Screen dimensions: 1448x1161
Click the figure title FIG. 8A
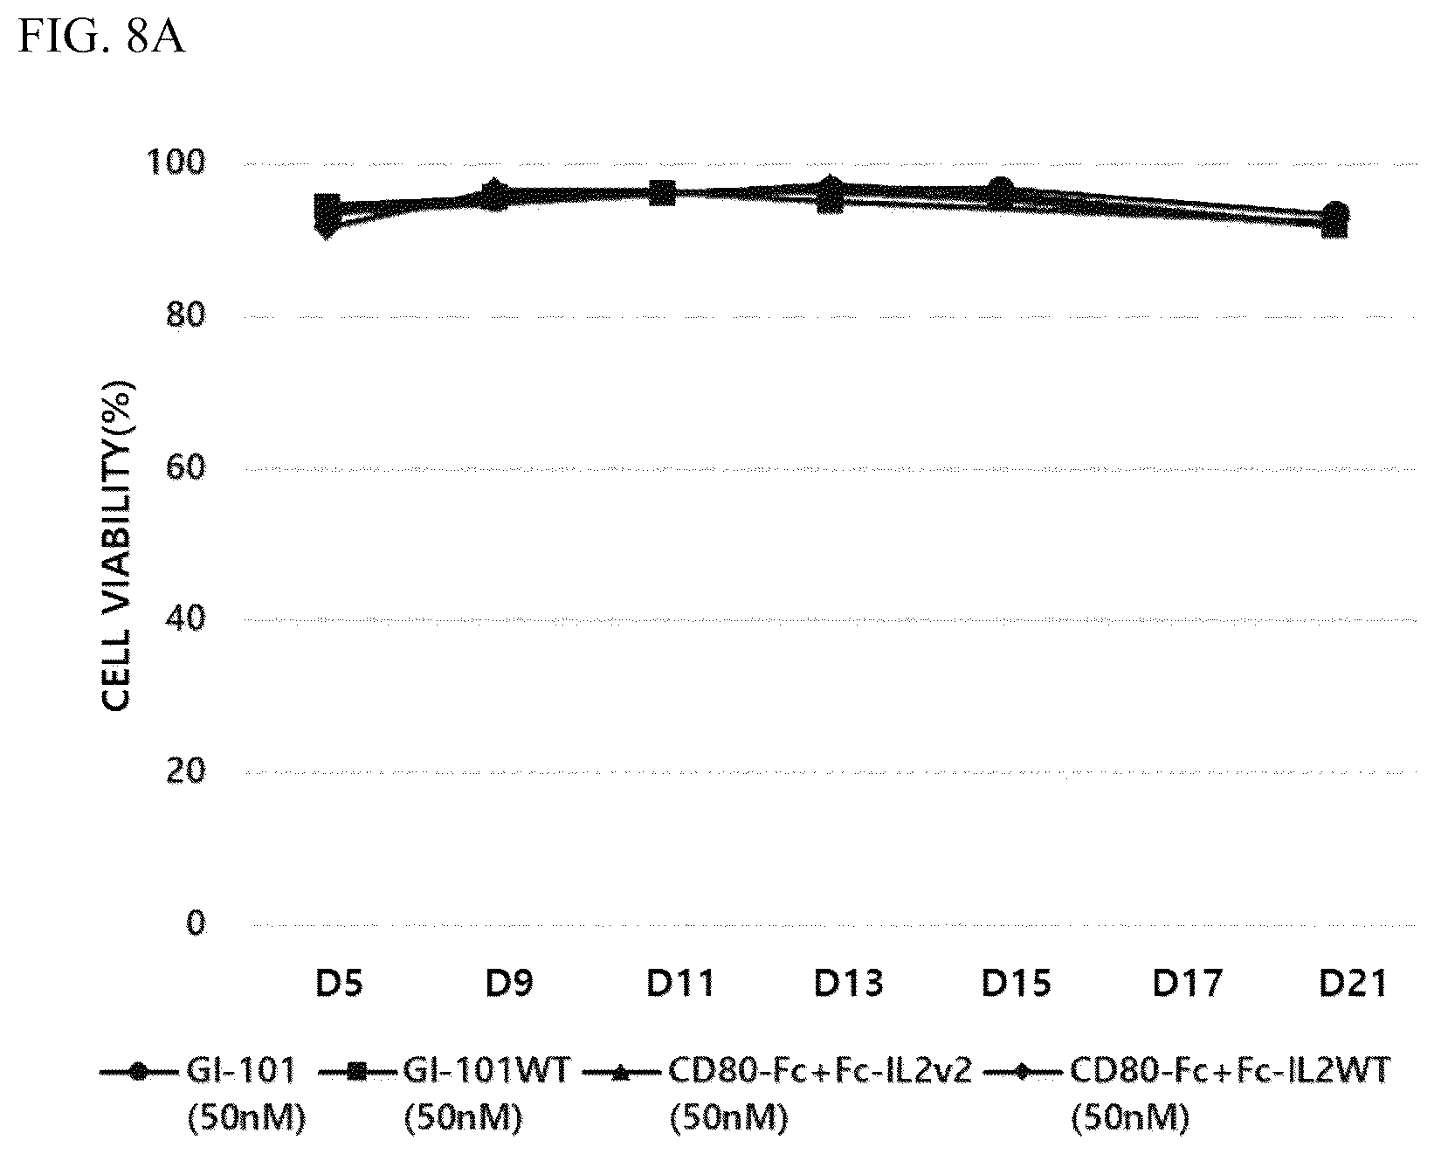(x=101, y=38)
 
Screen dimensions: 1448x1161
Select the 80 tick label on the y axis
(x=185, y=316)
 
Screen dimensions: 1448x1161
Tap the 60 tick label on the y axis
(x=185, y=468)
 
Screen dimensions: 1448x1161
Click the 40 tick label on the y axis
(x=185, y=619)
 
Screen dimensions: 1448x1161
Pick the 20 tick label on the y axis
(x=185, y=771)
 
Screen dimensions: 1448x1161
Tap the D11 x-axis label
(x=679, y=984)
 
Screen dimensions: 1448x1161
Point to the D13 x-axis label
(x=849, y=984)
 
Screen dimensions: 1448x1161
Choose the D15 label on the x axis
(x=1017, y=984)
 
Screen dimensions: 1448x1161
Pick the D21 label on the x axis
(x=1353, y=984)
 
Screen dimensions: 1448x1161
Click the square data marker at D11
(x=662, y=193)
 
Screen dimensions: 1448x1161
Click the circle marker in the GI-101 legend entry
(x=137, y=1072)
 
